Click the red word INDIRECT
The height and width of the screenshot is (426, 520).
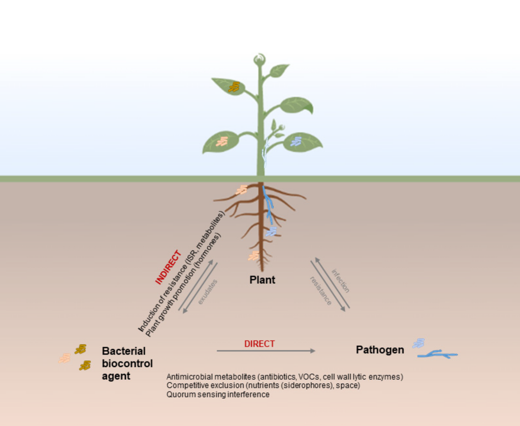(169, 268)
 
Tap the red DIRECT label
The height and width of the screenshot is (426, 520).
(259, 344)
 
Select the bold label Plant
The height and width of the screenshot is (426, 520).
(263, 280)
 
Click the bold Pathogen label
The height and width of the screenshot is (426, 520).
(380, 350)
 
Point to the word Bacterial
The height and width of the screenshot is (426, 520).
(124, 351)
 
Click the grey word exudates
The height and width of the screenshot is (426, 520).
(208, 292)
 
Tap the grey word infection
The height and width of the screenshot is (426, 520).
(341, 281)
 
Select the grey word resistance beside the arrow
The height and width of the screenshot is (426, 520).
(321, 291)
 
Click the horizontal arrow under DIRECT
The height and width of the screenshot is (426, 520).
(266, 351)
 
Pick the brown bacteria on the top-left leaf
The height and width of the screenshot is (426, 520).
(234, 86)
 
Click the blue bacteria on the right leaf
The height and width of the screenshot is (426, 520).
(296, 142)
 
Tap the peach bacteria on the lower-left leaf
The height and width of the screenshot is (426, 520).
(222, 142)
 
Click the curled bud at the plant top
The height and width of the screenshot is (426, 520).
(259, 59)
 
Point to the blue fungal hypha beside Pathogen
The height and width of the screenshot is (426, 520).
(437, 354)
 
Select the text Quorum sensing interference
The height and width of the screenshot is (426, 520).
(218, 395)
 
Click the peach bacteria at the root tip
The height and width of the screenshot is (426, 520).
(254, 255)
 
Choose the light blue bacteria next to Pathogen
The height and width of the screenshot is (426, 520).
(418, 343)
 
